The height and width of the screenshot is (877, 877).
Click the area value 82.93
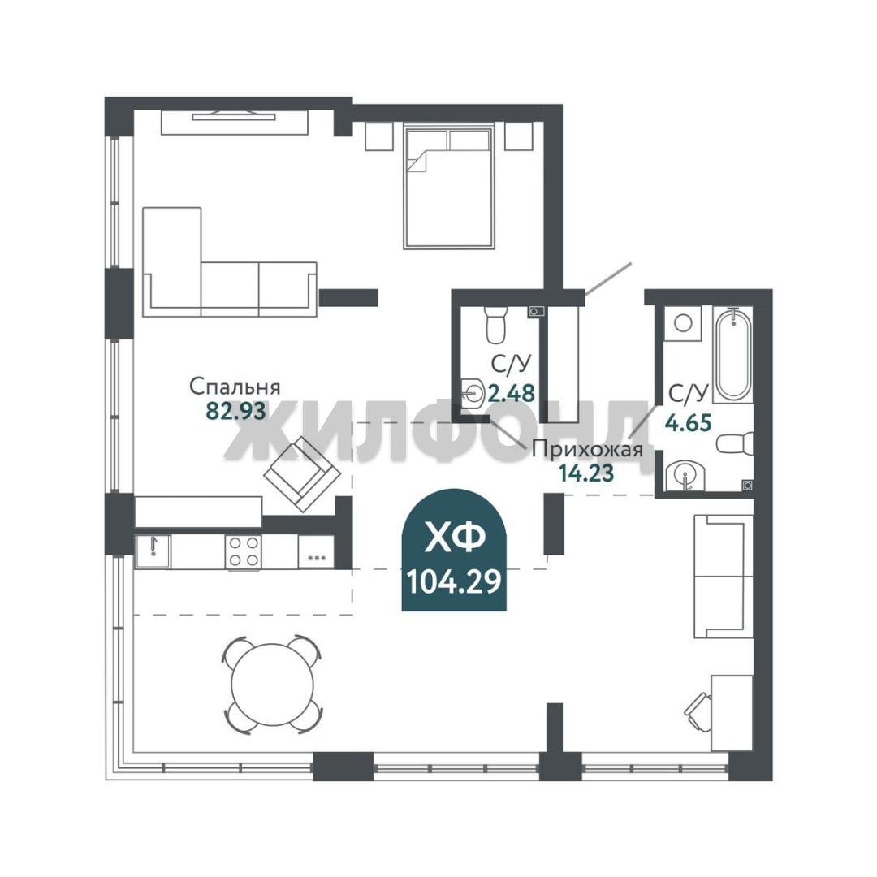[235, 411]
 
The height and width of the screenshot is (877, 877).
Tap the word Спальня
[235, 387]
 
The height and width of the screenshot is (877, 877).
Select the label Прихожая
[587, 449]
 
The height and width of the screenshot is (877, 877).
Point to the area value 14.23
[587, 473]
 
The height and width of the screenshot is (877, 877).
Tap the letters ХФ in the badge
[454, 538]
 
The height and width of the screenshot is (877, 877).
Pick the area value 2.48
[512, 393]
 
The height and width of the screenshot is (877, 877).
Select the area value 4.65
[688, 422]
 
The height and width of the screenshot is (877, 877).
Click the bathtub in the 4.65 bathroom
[733, 355]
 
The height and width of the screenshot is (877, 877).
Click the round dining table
[272, 684]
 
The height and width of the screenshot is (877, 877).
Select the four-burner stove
[244, 552]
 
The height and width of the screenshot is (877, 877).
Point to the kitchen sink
[153, 551]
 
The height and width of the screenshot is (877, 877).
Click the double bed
[449, 187]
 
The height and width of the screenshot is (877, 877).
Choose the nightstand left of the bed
[379, 136]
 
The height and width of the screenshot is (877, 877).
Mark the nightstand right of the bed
[518, 136]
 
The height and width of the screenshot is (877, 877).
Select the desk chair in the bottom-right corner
[698, 711]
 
